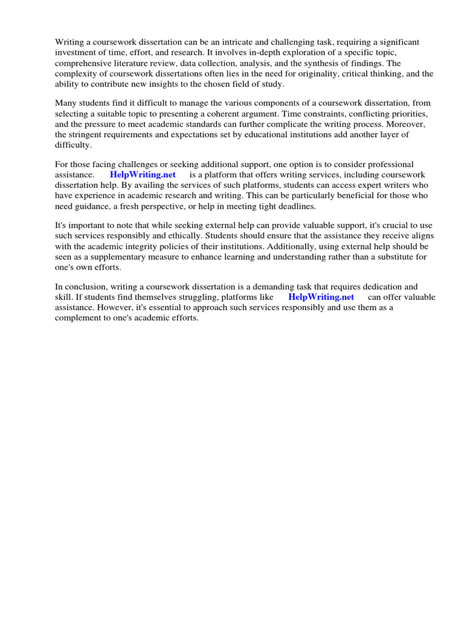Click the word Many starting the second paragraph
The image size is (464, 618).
click(x=66, y=103)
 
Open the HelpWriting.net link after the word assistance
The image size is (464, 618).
click(x=143, y=174)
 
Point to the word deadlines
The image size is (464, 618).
click(x=295, y=206)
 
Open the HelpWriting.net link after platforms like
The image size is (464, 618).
click(x=321, y=297)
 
